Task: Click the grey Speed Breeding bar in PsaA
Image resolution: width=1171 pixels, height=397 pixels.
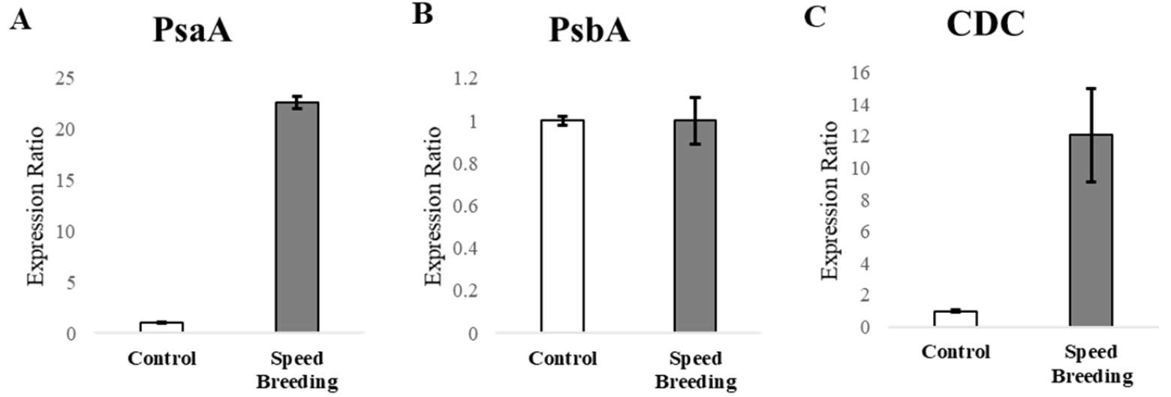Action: tap(297, 218)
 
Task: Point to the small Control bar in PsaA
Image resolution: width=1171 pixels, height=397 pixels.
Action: tap(162, 328)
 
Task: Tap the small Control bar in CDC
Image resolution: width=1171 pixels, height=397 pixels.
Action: tap(954, 319)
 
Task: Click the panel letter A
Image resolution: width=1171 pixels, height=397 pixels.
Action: tap(21, 20)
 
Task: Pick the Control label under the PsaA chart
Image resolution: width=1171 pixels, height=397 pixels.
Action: tap(162, 359)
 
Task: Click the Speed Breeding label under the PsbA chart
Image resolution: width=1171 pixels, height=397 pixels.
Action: tap(694, 370)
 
